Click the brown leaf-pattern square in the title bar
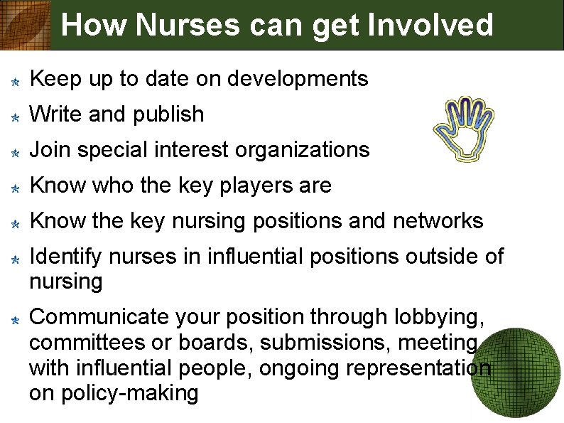(x=25, y=25)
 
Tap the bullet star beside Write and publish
(x=14, y=116)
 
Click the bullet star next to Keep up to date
(x=14, y=80)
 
